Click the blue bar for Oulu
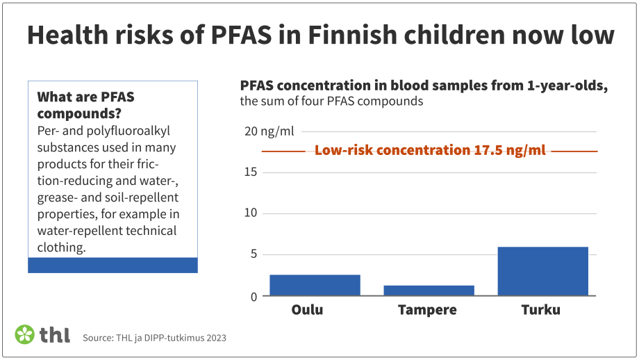point(315,285)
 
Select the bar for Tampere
point(429,291)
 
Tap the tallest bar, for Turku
point(542,271)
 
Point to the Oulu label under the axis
point(306,310)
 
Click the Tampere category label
point(427,310)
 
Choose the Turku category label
point(540,310)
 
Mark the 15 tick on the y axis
point(251,172)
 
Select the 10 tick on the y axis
point(251,213)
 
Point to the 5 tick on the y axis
point(254,254)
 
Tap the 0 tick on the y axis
point(254,296)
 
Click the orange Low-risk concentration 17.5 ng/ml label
point(429,150)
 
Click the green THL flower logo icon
point(25,334)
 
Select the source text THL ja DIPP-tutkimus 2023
point(154,338)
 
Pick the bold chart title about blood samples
point(424,85)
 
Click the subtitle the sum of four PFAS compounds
point(331,101)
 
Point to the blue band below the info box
point(113,265)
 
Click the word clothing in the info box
point(61,247)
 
